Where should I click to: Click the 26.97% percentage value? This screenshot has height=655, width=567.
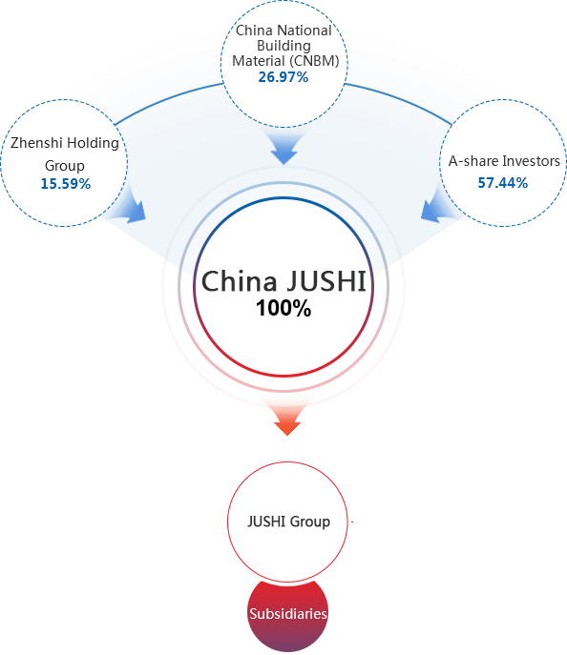pos(283,77)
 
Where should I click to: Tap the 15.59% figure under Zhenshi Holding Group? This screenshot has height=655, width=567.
pos(66,184)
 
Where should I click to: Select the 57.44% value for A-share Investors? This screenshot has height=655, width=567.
pos(503,182)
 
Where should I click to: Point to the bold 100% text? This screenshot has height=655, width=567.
pos(283,308)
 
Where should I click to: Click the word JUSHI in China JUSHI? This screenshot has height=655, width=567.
pos(326,280)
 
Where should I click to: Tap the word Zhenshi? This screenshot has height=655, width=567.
pos(36,143)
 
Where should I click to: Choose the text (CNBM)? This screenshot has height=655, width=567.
pos(313,61)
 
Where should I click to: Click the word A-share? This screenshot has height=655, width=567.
pos(473,161)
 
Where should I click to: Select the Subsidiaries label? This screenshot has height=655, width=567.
pos(288,614)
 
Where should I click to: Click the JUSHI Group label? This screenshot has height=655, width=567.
pos(288,522)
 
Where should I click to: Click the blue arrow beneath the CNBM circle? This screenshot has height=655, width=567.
pos(283,146)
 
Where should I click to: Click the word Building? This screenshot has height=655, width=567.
pos(283,46)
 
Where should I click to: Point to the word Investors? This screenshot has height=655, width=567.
pos(531,161)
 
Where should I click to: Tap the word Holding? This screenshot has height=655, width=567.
pos(93,143)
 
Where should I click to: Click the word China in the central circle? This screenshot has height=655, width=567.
pos(240,280)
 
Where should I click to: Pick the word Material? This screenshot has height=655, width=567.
pos(259,61)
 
